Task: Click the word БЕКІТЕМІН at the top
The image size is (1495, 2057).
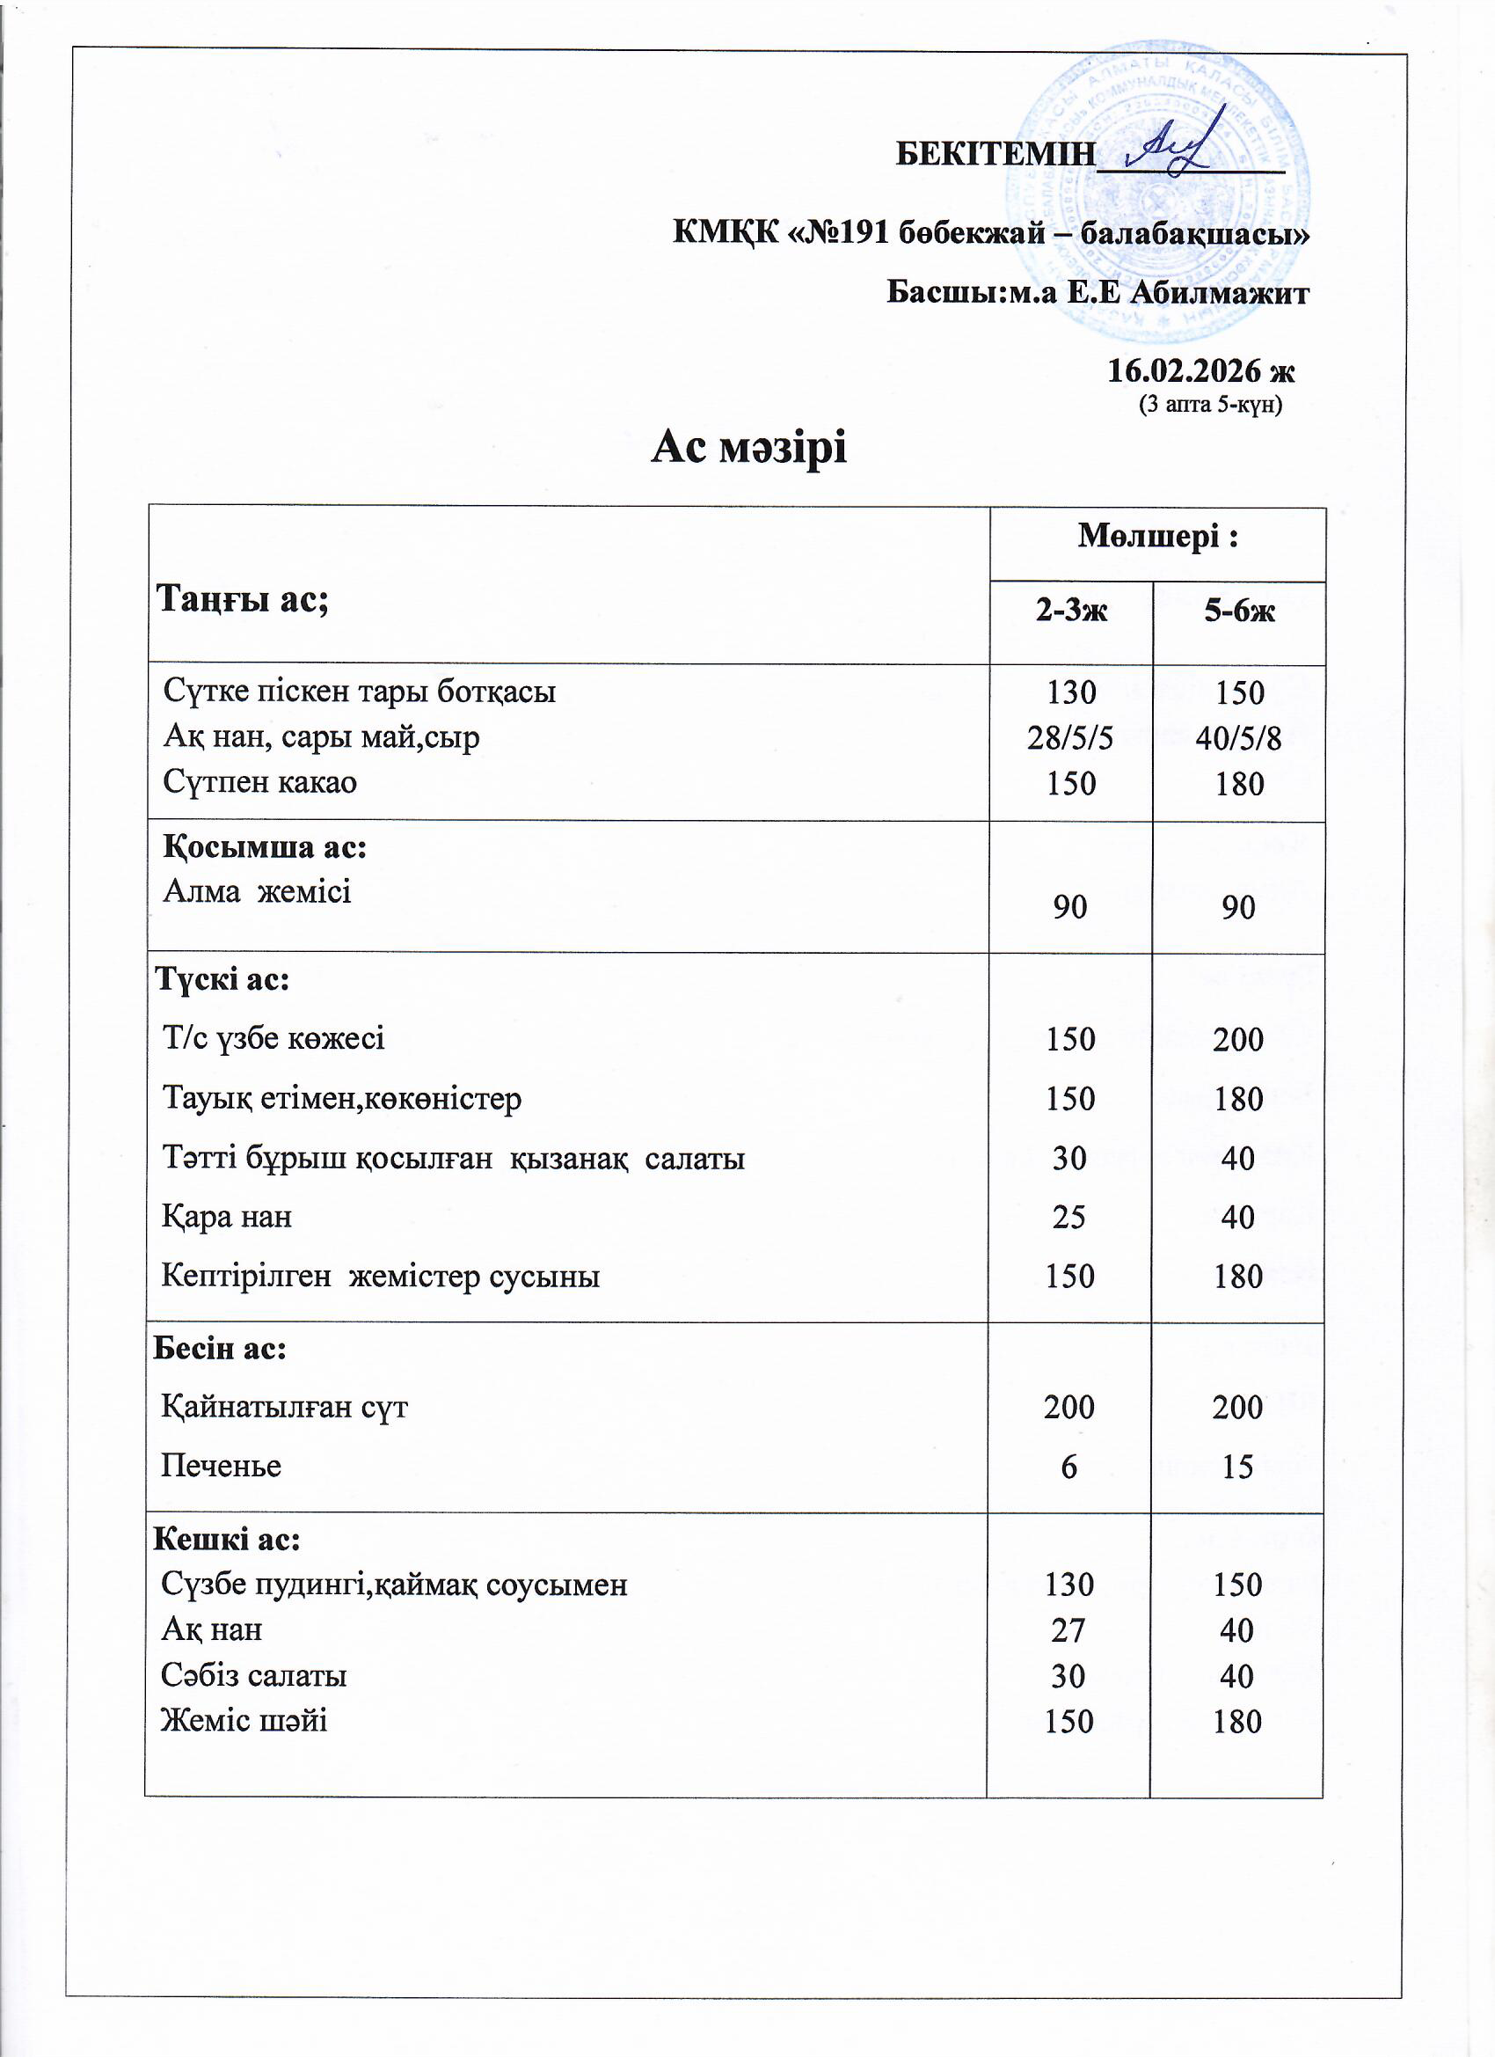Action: coord(995,155)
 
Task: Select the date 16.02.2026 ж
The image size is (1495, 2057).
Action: coord(1200,371)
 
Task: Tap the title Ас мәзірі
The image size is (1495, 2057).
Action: coord(748,447)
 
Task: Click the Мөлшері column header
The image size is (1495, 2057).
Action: coord(1156,537)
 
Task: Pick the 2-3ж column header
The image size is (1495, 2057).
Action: coord(1071,611)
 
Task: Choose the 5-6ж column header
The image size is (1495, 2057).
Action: coord(1238,611)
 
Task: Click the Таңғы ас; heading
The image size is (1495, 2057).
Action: coord(242,598)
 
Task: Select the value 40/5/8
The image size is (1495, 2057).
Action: coord(1238,738)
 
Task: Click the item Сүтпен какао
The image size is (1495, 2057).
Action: coord(260,782)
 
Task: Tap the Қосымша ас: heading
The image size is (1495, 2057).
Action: coord(265,847)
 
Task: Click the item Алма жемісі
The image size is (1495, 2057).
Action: coord(257,891)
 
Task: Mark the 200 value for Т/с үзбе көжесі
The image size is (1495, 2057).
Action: coord(1237,1038)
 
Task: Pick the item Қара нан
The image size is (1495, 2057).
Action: coord(227,1216)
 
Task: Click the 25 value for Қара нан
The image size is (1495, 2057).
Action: coord(1068,1216)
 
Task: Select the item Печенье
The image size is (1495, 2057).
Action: coord(222,1466)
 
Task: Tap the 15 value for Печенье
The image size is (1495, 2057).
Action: coord(1236,1467)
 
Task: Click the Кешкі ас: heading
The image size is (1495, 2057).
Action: coord(227,1539)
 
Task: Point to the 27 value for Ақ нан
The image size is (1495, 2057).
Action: coord(1068,1629)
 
